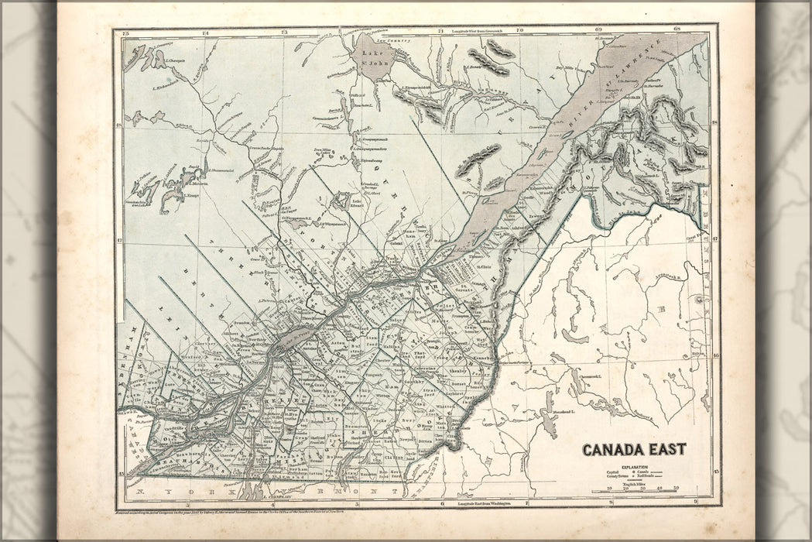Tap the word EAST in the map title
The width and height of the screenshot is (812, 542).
[x=665, y=450]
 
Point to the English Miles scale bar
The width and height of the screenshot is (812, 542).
[x=635, y=491]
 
